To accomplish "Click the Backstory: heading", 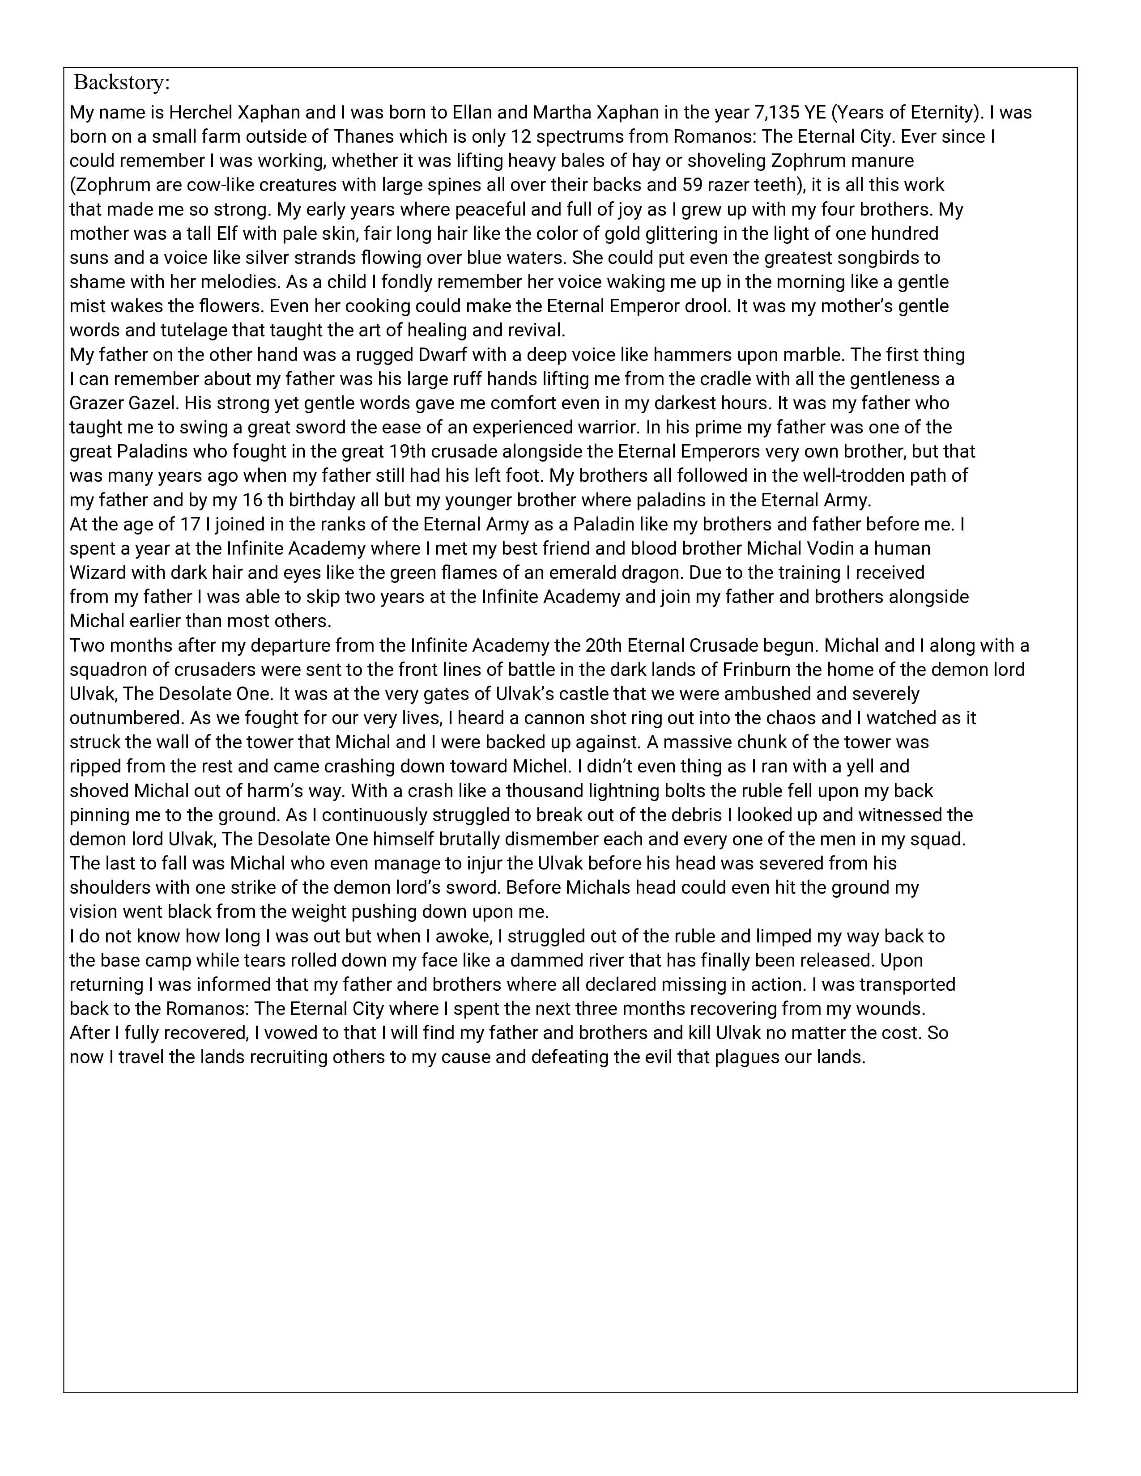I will [x=122, y=82].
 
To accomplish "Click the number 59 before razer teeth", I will [x=693, y=185].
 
